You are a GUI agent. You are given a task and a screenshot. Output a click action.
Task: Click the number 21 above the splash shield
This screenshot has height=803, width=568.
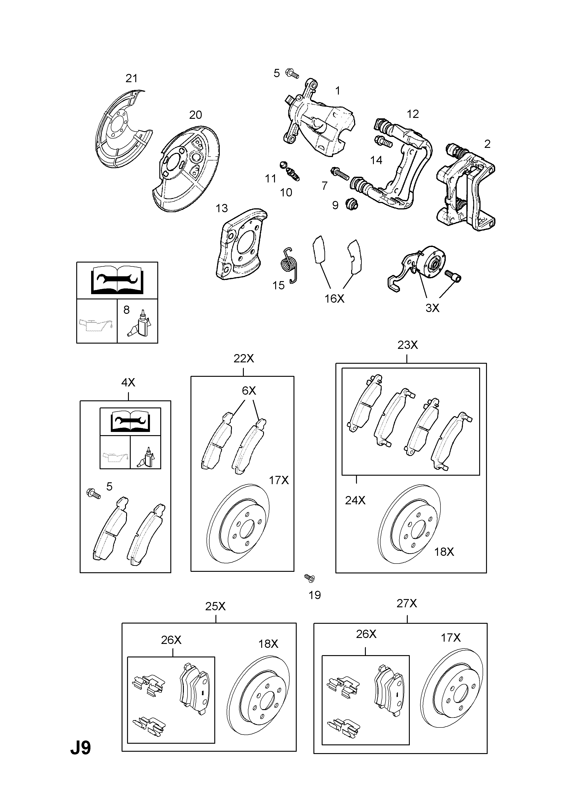(131, 78)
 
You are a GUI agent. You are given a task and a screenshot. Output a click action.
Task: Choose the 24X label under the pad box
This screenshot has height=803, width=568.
(355, 500)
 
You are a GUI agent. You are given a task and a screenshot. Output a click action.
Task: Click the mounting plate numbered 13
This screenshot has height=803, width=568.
(241, 244)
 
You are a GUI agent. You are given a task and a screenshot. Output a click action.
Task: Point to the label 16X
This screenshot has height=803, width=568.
(334, 299)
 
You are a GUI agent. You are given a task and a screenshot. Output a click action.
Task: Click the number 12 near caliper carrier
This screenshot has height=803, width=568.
(413, 114)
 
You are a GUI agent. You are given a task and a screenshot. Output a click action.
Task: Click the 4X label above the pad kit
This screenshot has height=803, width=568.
(128, 383)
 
